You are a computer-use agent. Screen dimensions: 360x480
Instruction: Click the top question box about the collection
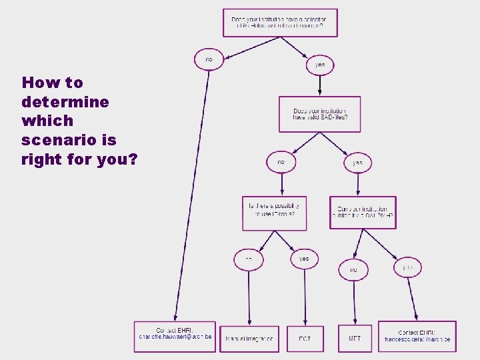coord(280,23)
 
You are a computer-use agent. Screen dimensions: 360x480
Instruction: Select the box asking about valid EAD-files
coord(320,114)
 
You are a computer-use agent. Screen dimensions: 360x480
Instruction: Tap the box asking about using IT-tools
coord(275,213)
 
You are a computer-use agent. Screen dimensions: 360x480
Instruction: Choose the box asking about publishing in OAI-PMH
coord(363,213)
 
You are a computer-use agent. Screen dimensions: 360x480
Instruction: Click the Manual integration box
coord(248,338)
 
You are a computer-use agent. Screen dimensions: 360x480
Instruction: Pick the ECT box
coord(304,338)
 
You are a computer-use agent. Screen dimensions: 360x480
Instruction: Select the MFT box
coord(355,338)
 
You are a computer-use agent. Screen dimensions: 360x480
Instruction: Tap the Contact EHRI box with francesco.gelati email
coord(417,336)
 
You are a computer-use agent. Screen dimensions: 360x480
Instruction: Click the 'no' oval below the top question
coord(209,59)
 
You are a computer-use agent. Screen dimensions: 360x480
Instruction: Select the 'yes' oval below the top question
coord(320,65)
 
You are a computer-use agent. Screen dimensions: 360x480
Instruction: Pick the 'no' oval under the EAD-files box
coord(281,162)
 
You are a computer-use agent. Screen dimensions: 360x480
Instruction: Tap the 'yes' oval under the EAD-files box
coord(358,162)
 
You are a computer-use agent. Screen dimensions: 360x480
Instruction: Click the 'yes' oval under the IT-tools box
coord(304,259)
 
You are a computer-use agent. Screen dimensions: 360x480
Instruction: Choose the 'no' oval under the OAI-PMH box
coord(353,269)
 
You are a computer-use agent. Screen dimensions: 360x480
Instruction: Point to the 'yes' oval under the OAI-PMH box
coord(407,267)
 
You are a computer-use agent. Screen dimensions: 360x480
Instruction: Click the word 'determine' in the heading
coord(65,102)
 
